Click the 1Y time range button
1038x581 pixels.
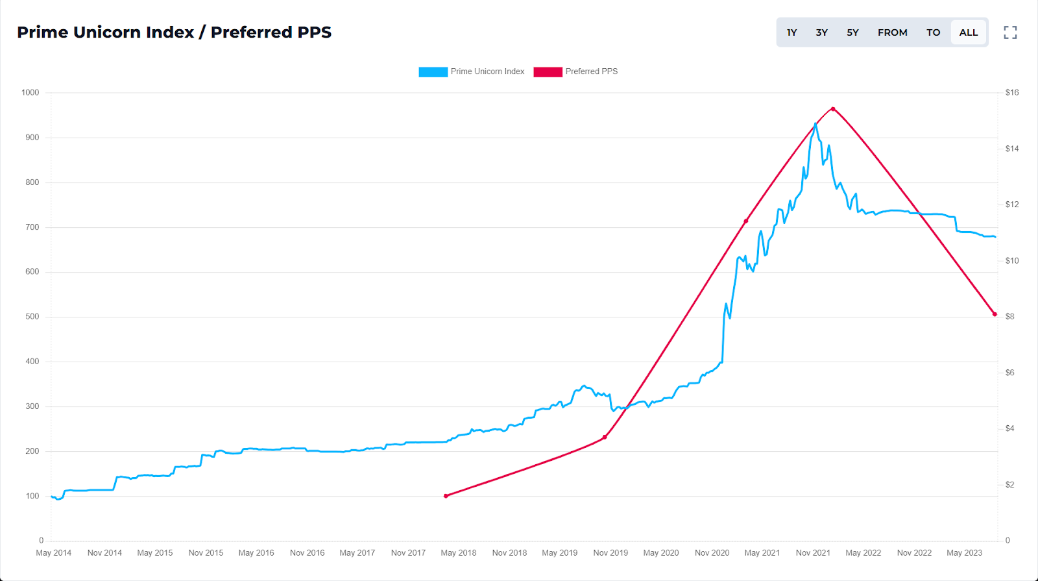point(791,32)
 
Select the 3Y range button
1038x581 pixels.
point(821,32)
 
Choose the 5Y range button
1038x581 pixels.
point(852,32)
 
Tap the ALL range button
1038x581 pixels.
point(968,32)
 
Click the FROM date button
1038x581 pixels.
point(892,32)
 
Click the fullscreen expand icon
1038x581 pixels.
point(1010,32)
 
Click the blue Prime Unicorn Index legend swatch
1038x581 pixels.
point(433,72)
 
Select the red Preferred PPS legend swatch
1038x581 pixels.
point(548,72)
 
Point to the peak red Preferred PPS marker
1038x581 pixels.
point(833,109)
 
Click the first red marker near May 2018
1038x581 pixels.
point(446,496)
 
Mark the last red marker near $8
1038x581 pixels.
point(995,314)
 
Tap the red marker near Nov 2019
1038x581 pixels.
point(605,437)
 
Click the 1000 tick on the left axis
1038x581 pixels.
point(30,93)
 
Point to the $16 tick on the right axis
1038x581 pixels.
point(1011,93)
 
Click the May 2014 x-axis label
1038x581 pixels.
point(53,553)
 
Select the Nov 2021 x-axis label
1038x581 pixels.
point(813,553)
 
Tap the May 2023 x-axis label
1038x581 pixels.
point(964,553)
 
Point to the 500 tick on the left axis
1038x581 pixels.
point(32,317)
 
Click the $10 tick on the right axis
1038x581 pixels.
point(1011,261)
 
